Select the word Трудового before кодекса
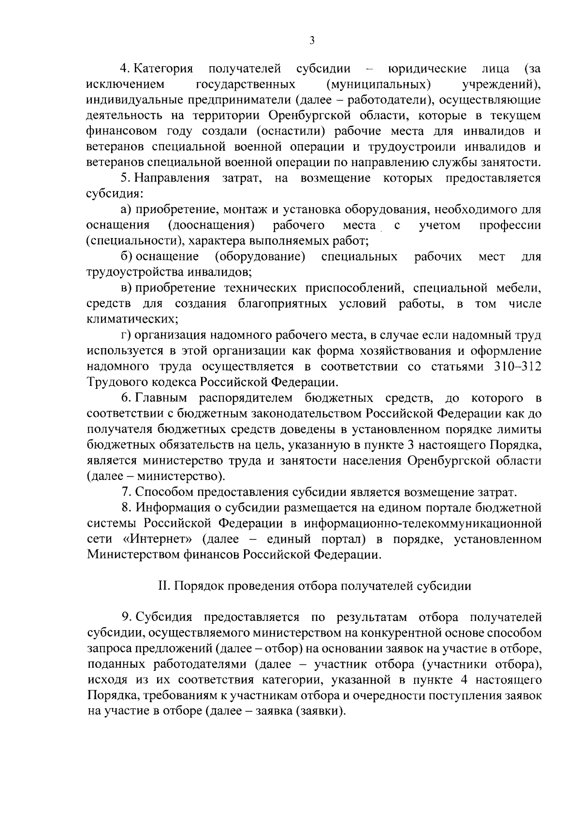117,382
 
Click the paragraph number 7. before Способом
126,492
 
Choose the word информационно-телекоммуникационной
420,523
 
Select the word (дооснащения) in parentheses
211,225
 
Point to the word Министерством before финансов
133,555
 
